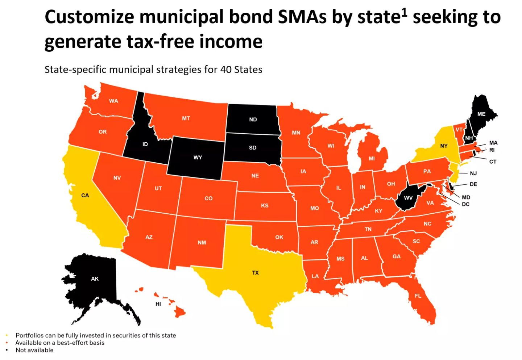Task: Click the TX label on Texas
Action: point(255,273)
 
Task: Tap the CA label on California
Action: point(85,196)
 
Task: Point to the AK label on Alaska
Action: point(95,279)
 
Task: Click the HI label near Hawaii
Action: point(158,304)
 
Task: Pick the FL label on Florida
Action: point(418,296)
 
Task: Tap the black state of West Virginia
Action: point(408,198)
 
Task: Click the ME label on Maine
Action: point(481,114)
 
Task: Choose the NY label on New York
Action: point(444,146)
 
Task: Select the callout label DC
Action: point(466,204)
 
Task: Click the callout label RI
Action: point(492,150)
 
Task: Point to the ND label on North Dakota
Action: point(253,120)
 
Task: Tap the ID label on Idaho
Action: point(145,144)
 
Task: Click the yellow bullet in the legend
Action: point(7,335)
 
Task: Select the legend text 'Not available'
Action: point(34,350)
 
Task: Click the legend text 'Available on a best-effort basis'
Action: point(60,343)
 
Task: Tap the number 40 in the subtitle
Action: point(226,70)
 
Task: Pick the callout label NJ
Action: point(473,173)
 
